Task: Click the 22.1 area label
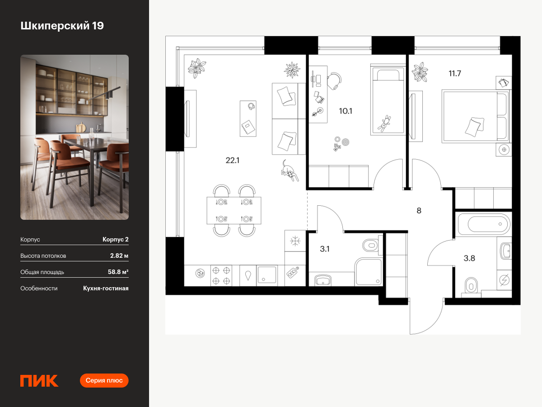232,161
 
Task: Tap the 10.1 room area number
346,111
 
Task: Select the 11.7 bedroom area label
454,73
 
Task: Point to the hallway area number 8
419,211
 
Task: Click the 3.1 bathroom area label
325,249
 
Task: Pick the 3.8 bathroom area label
469,258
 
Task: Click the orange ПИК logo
39,381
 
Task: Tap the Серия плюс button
104,381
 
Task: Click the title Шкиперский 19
62,26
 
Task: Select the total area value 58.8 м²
118,272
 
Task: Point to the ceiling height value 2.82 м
119,256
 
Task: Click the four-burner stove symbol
221,276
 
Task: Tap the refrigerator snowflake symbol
295,241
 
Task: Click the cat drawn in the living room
290,171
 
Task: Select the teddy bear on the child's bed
384,123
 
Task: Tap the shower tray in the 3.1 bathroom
369,272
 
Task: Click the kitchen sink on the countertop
266,274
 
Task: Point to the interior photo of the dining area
75,137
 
